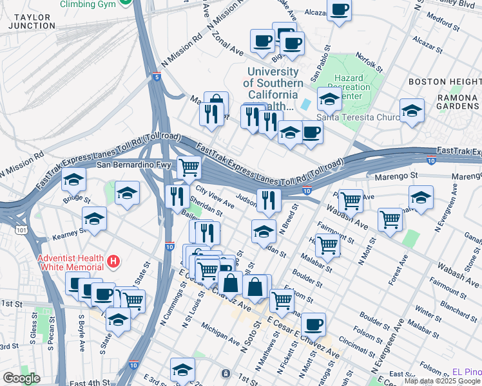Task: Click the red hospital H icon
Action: point(113,261)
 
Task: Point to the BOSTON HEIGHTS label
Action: point(445,82)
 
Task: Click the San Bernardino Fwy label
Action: point(134,165)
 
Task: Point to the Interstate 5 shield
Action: point(157,77)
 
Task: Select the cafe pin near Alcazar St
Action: point(339,10)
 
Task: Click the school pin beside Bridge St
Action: point(74,179)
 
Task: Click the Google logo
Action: point(21,378)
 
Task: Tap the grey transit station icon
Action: point(225,373)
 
